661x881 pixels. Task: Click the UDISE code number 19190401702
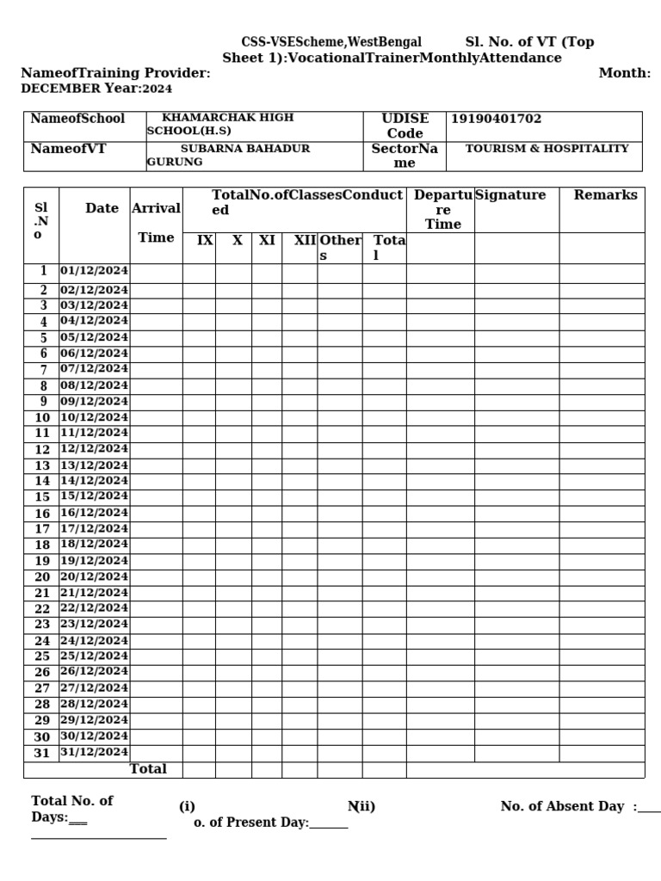[497, 119]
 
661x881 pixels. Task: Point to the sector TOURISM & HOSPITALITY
[547, 148]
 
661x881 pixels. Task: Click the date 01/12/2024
[94, 271]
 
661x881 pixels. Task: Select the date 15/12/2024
[94, 496]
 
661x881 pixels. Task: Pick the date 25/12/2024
[94, 656]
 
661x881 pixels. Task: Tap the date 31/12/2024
[94, 752]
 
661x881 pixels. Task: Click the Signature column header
[510, 195]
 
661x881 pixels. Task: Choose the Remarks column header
[606, 195]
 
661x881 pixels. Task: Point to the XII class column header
[305, 241]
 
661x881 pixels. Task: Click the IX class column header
[204, 241]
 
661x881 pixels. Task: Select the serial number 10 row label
[42, 417]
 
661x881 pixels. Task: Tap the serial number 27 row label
[42, 688]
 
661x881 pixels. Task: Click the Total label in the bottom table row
[148, 769]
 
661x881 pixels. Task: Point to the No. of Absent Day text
[562, 806]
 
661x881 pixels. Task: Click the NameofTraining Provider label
[115, 73]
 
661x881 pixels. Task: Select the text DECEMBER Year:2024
[96, 89]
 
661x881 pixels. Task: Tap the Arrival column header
[156, 208]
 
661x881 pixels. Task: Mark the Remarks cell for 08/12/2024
[601, 385]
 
